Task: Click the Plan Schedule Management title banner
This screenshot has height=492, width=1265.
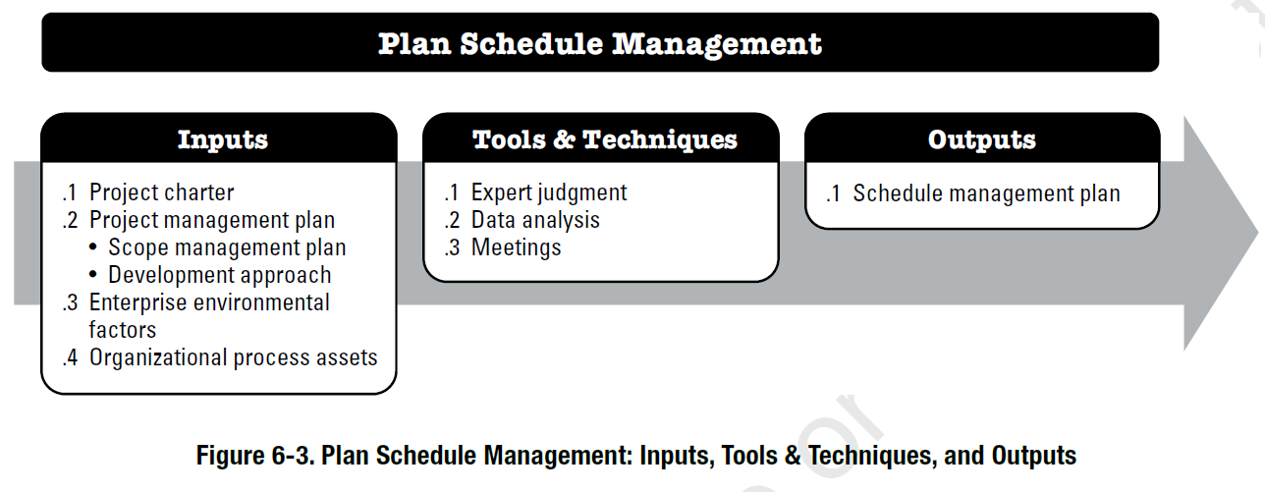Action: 600,44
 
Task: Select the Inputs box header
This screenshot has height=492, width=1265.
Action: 222,139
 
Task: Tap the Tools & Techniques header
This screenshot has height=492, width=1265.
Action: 604,139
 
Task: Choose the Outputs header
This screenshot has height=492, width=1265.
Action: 981,139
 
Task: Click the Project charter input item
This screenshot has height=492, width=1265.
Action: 161,192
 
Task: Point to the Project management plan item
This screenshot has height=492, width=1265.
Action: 211,220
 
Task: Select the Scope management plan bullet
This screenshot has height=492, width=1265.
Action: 227,247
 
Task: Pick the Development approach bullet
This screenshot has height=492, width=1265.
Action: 219,275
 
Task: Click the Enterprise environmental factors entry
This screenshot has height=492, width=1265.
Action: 208,302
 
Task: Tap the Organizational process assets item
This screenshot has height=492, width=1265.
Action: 233,357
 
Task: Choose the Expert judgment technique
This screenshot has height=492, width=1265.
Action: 548,192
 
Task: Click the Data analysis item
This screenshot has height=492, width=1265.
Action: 534,220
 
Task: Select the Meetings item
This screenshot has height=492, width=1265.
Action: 516,247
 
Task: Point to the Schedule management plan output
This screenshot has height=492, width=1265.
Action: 986,193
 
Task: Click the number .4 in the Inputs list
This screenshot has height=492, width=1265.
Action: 70,357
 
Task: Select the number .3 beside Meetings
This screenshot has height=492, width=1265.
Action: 452,247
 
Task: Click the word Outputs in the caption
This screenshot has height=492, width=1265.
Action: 1034,456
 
